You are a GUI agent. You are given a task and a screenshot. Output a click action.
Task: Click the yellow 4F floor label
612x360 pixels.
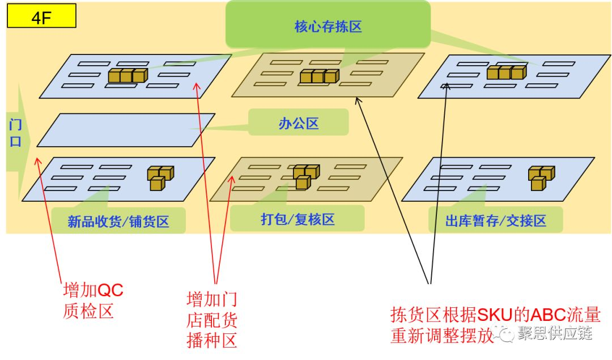[41, 16]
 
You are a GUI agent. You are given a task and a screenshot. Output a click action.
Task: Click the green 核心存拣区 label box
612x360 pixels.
[328, 26]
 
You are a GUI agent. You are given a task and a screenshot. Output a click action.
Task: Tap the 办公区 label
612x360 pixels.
[298, 124]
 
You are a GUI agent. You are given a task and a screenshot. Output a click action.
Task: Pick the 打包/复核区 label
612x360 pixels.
[297, 219]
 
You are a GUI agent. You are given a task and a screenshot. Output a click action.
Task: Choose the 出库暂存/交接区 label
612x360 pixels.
[495, 221]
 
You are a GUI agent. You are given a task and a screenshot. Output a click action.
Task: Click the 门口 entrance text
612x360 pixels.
[15, 133]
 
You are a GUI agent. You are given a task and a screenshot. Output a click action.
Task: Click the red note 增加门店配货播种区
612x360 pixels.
[211, 320]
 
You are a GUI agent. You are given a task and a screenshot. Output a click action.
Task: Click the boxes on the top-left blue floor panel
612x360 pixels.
[128, 75]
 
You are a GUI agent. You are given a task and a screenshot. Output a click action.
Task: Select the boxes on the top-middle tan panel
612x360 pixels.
[319, 76]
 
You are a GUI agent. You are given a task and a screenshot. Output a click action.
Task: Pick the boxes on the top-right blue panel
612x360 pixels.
[506, 72]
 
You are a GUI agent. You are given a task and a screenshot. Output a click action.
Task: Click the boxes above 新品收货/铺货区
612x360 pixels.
[160, 177]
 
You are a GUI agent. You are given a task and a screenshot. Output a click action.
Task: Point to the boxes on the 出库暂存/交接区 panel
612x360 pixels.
[541, 177]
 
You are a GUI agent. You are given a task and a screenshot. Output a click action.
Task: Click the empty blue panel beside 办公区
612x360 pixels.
[126, 130]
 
